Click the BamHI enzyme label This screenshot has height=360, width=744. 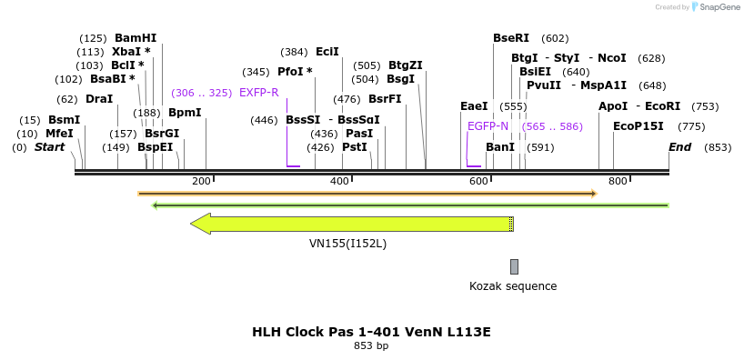[x=135, y=38]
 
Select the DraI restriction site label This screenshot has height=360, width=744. [x=99, y=99]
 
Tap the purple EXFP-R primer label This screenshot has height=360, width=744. [x=259, y=93]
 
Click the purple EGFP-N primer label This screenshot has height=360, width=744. [x=488, y=126]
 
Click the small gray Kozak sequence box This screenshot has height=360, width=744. [x=514, y=266]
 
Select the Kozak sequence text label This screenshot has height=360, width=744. [x=513, y=286]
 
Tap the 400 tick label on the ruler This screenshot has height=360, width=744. [x=339, y=182]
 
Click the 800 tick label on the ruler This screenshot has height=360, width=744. [x=618, y=182]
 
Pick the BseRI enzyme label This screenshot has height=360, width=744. [x=510, y=38]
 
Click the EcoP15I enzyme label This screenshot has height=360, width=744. [x=638, y=126]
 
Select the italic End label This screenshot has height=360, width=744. [x=680, y=147]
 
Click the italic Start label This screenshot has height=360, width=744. [x=49, y=147]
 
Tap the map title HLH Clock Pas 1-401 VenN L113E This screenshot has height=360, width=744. [x=371, y=332]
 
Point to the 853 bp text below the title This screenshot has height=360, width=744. [x=371, y=346]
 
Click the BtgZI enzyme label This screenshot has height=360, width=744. [x=406, y=65]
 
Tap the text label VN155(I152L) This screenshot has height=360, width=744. [x=347, y=244]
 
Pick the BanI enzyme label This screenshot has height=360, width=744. [x=500, y=147]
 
